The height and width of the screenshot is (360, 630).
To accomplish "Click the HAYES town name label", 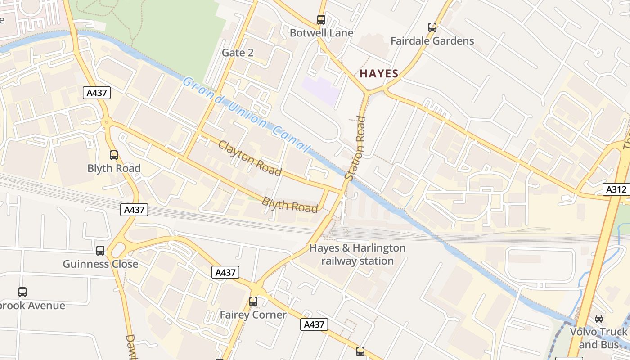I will point(379,74).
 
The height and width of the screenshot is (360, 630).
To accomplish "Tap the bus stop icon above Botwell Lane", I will point(321,20).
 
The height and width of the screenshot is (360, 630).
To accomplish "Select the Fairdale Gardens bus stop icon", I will point(432,27).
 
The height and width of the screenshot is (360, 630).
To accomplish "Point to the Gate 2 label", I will point(238,53).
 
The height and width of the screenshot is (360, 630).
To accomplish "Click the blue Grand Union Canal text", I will point(246,114).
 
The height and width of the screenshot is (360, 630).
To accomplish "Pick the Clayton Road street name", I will point(250,158).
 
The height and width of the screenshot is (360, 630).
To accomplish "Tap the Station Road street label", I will point(355,148).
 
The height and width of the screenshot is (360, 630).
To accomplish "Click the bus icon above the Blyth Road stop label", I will point(114,155).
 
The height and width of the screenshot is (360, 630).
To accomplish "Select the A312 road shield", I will point(616,189).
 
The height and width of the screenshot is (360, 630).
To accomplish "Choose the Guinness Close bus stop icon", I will point(100,251).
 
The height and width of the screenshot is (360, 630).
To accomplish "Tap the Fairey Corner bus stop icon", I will point(253,301).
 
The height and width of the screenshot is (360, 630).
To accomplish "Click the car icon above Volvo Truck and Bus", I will point(598,319).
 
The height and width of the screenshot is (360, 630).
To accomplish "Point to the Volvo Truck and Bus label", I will point(598,338).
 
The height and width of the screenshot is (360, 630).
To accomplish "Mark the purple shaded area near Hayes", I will point(320,90).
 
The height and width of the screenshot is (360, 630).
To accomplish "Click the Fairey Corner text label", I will point(253,315).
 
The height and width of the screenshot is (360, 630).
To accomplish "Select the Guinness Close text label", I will point(100,264).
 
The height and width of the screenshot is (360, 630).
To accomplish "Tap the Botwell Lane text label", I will point(321,33).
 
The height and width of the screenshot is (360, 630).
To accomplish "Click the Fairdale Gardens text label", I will point(432,41).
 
